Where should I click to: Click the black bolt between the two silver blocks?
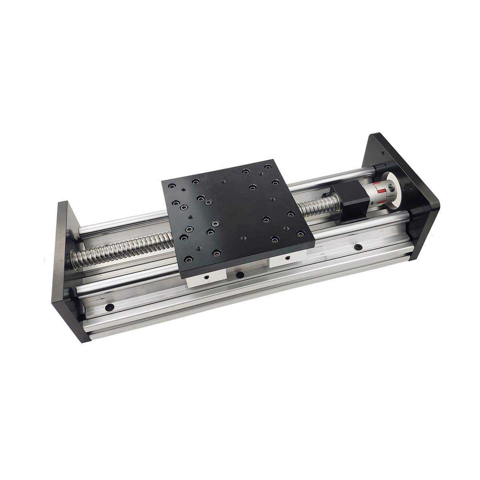point(240,274)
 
